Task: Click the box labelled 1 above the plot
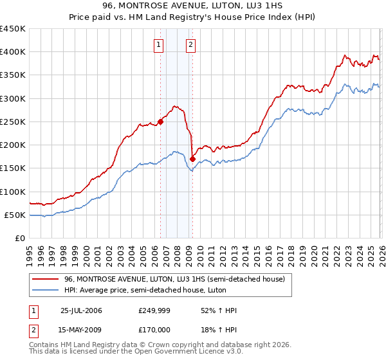159,45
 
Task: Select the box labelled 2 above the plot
192,45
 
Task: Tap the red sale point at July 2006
161,122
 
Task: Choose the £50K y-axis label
15,215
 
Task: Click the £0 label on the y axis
21,238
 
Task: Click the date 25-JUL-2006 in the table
81,310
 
